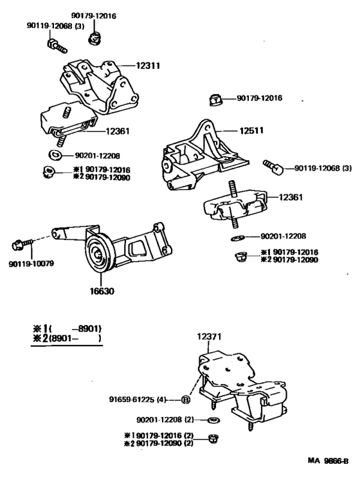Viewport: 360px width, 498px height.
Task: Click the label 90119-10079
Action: coord(31,264)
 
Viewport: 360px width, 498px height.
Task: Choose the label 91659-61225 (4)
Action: coord(141,400)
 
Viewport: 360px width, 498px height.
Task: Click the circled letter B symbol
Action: coord(186,400)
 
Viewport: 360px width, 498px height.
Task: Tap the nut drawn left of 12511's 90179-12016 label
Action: coord(215,100)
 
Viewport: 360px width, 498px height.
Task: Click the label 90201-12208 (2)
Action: coord(165,420)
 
